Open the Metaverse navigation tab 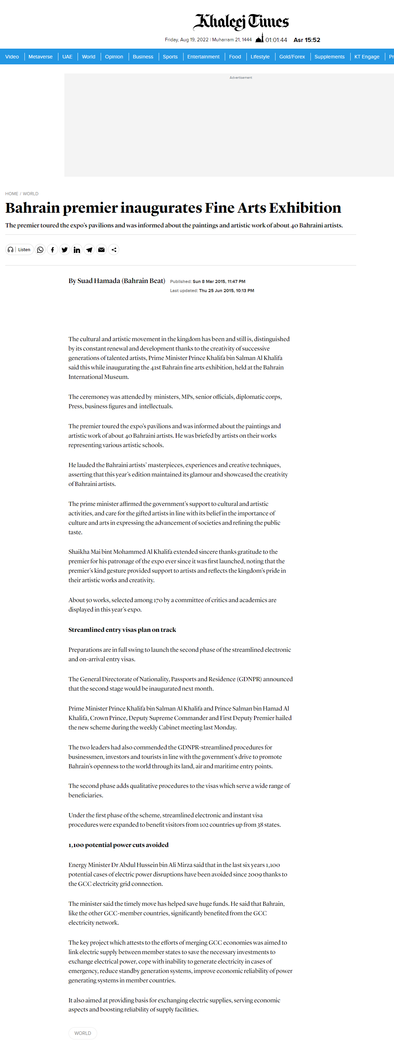pos(41,57)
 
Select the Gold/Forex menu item pos(292,57)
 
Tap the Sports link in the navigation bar pos(170,57)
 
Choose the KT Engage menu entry pos(366,57)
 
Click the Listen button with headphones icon pos(20,250)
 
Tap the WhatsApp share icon pos(40,250)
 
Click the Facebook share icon pos(52,250)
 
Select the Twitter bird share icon pos(64,250)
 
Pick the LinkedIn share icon pos(77,250)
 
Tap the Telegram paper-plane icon pos(89,250)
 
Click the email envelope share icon pos(101,250)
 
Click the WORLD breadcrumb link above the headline pos(31,194)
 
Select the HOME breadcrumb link pos(12,194)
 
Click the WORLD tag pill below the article pos(83,1033)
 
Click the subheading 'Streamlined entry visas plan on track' pos(122,629)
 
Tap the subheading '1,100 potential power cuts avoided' pos(118,845)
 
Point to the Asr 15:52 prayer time pos(307,40)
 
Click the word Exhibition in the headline pos(305,208)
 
